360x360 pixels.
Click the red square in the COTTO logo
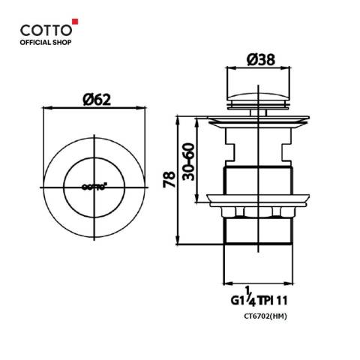coord(75,22)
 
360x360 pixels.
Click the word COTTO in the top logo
coord(46,30)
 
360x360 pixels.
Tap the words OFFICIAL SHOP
coord(46,43)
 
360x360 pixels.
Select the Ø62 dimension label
coord(97,100)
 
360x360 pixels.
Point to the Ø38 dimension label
coord(261,60)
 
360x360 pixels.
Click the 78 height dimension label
coord(169,179)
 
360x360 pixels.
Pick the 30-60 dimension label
coord(188,161)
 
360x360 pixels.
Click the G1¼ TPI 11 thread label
coord(259,297)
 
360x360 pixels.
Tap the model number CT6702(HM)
coord(265,316)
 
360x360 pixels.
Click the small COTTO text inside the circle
coord(94,186)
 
